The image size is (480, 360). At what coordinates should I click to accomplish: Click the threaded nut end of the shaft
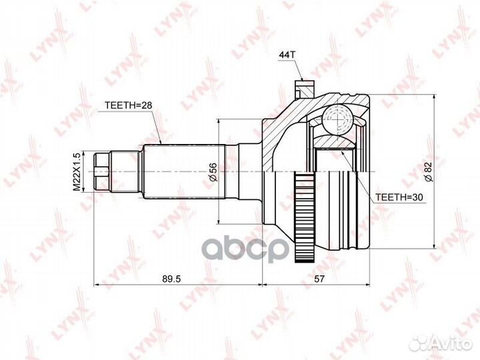[103, 171]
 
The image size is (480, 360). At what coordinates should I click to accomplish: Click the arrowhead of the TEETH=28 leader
[163, 141]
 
